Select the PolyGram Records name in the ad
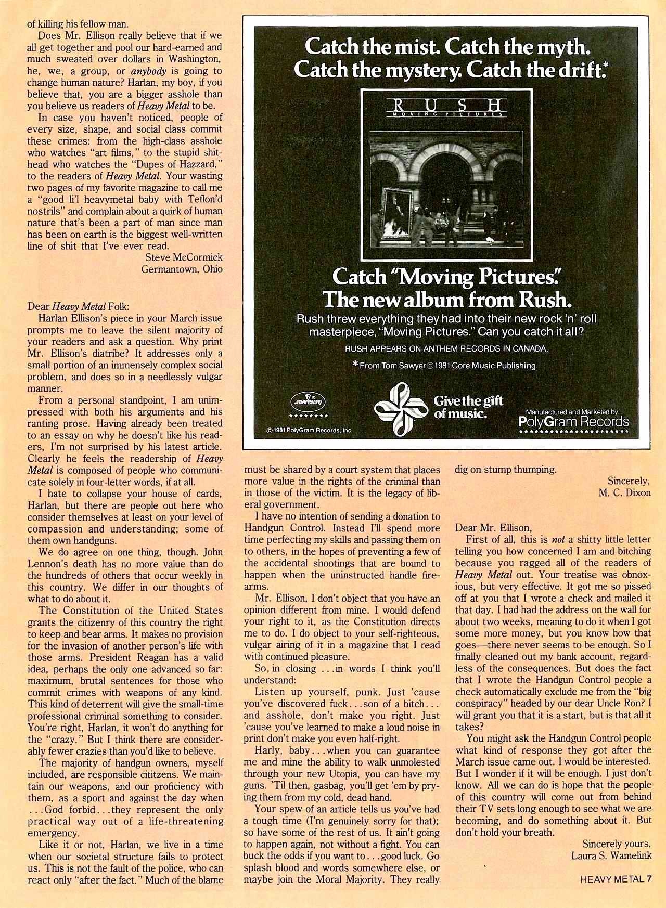tap(574, 421)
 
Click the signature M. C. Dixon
tap(624, 492)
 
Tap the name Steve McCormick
tap(184, 257)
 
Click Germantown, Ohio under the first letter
tap(182, 269)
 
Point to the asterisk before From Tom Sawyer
tap(355, 365)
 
